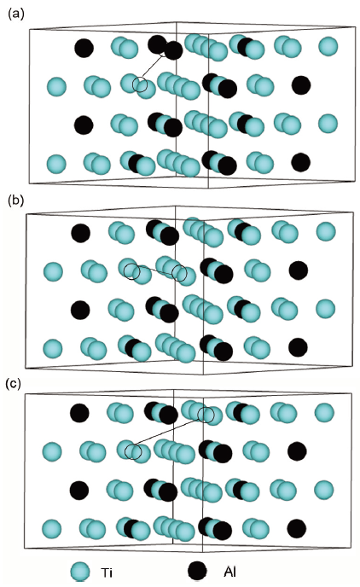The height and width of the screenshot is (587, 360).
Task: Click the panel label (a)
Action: click(15, 15)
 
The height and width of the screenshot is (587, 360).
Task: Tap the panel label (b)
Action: click(15, 201)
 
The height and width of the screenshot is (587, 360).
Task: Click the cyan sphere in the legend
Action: click(80, 572)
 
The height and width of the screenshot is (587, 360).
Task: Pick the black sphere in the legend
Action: click(198, 571)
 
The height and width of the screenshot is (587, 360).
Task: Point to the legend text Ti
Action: click(107, 572)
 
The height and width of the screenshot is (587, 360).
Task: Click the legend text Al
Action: click(230, 572)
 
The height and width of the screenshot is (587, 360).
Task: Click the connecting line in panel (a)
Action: click(153, 67)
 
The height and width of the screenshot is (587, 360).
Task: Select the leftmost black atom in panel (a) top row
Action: click(84, 48)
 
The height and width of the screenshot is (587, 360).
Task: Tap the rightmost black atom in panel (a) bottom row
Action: click(301, 162)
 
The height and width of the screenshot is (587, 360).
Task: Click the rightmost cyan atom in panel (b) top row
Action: click(326, 231)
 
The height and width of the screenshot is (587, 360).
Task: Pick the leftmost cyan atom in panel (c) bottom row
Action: click(52, 529)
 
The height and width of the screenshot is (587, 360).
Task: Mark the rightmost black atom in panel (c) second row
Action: click(297, 450)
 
